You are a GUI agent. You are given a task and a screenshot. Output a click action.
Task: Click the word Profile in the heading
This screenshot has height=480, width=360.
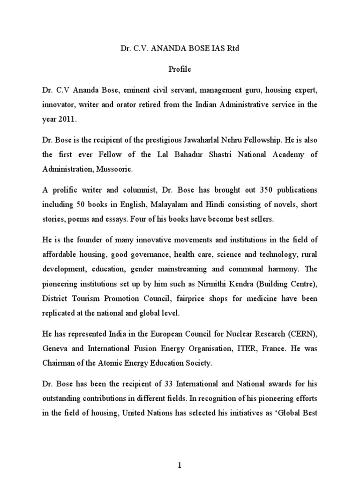(180, 68)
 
